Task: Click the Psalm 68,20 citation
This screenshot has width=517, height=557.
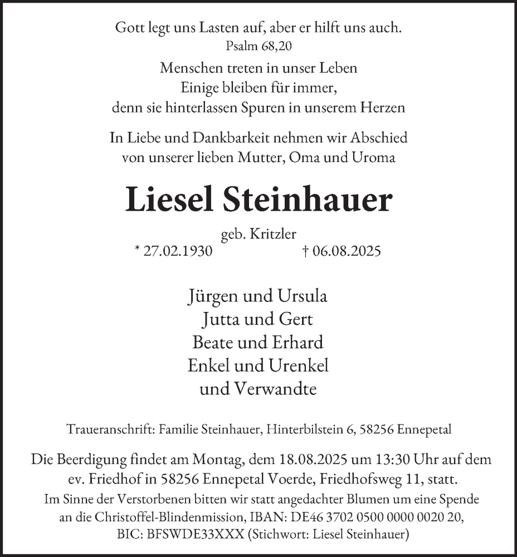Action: (258, 46)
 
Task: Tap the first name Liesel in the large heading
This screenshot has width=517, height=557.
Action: (170, 201)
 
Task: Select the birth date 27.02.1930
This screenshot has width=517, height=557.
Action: (177, 251)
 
